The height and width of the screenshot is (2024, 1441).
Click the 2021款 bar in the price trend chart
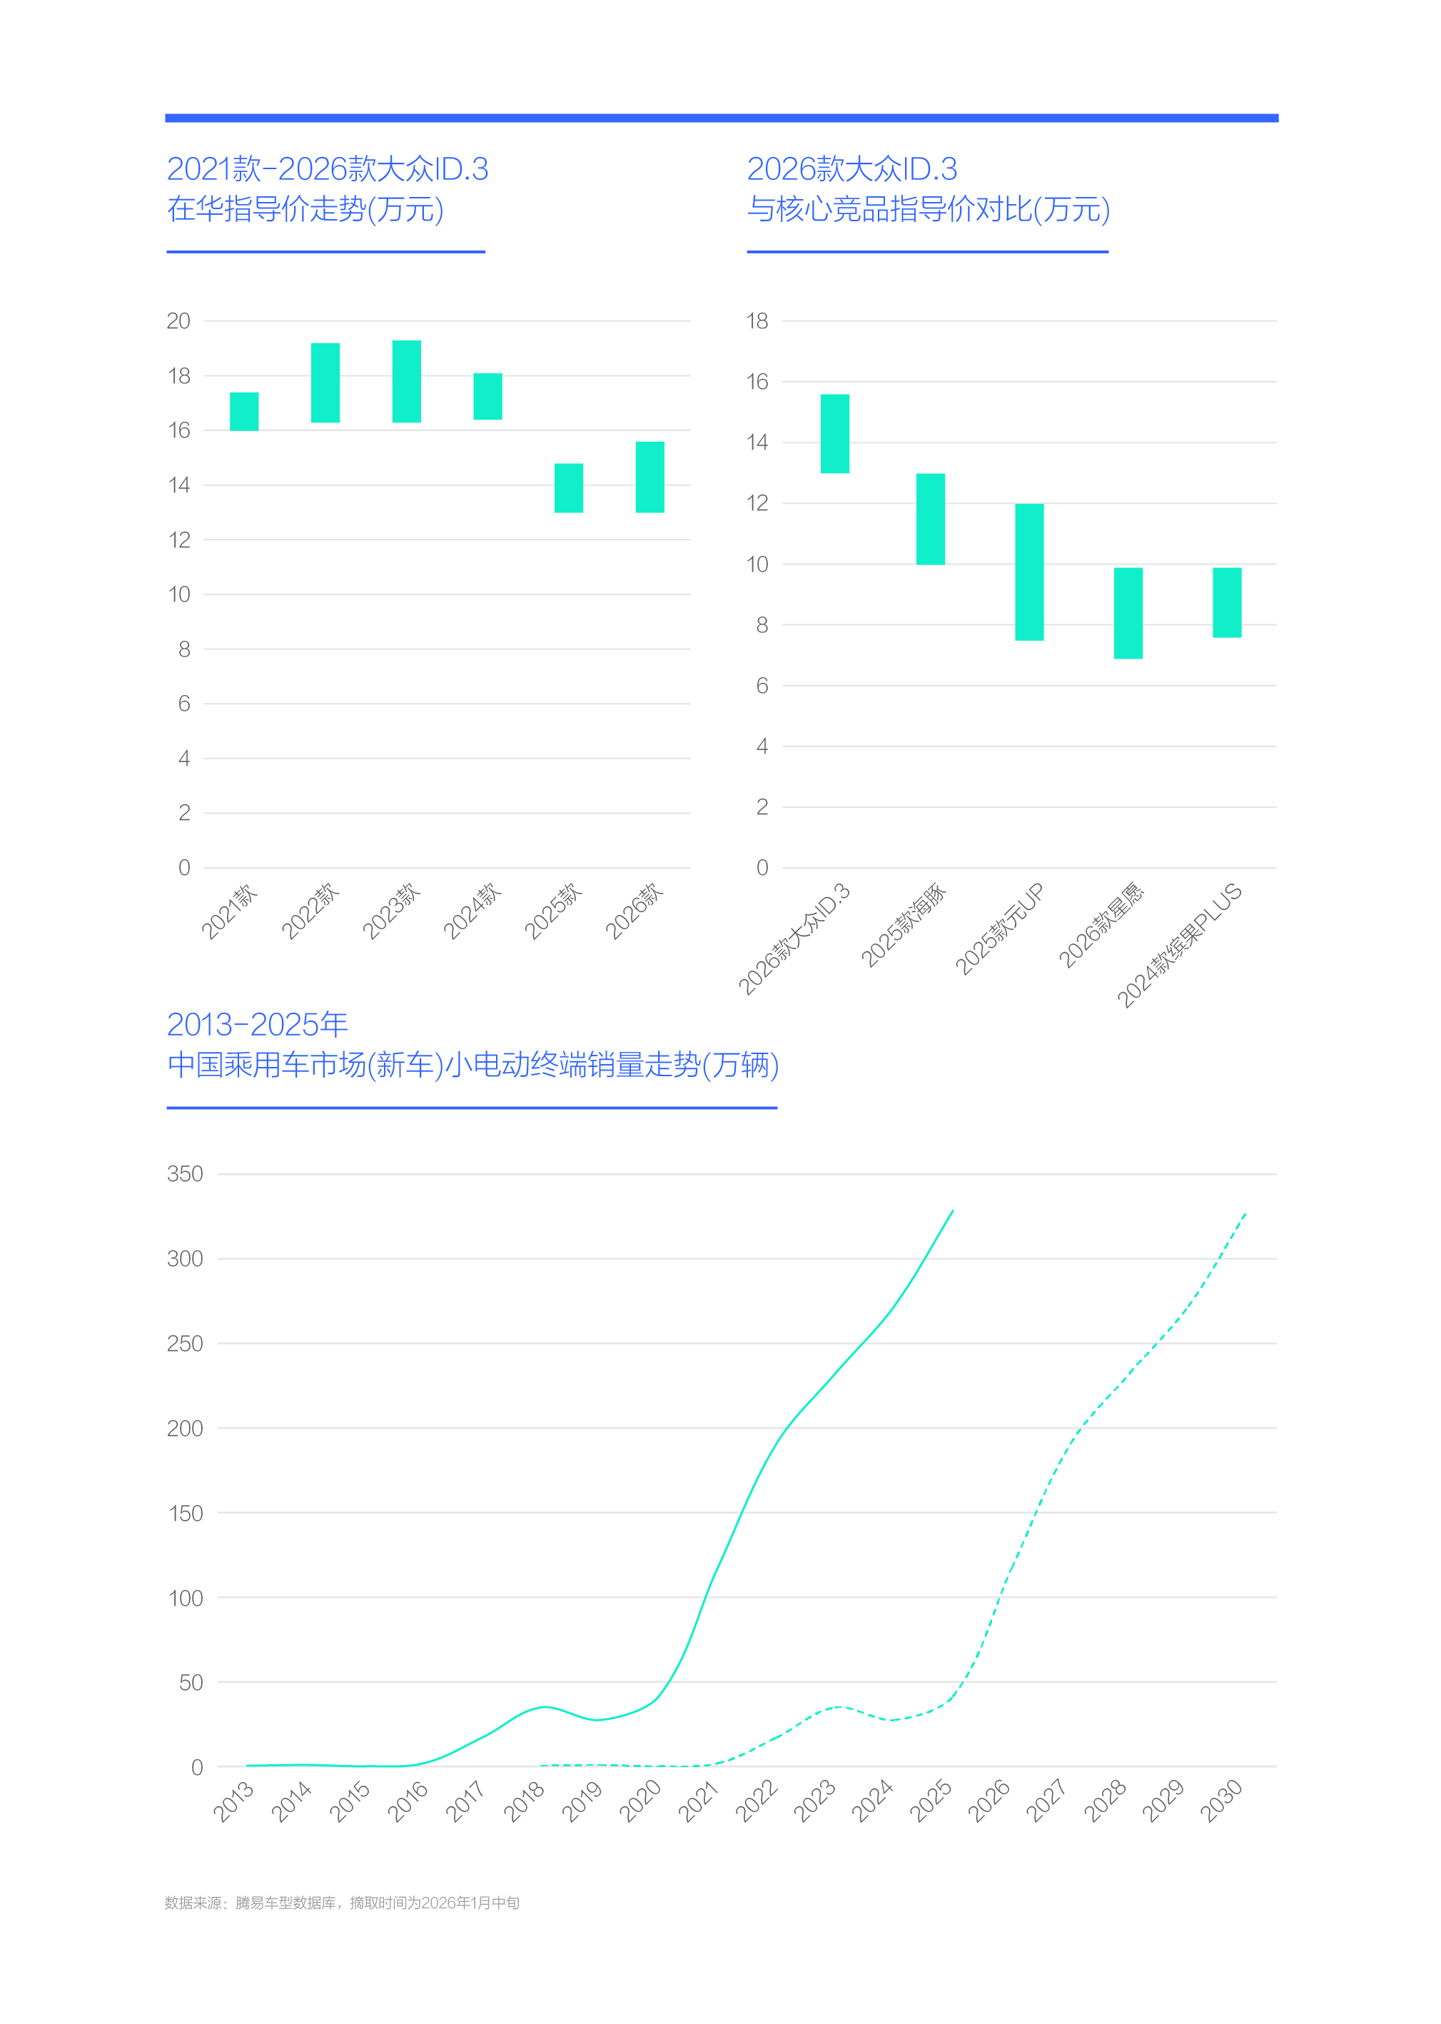pos(244,411)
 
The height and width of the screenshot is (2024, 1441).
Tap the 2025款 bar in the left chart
pos(569,487)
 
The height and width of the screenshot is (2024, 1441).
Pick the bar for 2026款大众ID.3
pos(834,433)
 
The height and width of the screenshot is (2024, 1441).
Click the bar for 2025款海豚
pos(930,518)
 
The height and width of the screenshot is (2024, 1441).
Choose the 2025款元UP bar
pos(1029,572)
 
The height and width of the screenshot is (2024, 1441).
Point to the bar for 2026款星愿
pos(1128,612)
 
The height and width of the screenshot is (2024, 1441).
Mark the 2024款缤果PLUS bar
pos(1226,602)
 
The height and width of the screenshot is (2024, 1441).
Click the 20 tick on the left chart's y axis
pos(178,321)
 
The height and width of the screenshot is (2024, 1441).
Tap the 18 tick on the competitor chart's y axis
pos(757,321)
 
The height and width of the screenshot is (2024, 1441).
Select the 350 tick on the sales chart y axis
pos(185,1174)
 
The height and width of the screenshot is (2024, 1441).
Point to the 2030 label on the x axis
pos(1222,1801)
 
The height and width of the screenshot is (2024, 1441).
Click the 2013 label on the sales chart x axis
pos(234,1801)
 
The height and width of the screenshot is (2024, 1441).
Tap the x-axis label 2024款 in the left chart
pos(472,911)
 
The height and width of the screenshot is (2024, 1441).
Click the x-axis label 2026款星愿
pos(1101,925)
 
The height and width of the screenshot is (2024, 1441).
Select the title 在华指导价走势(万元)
pos(305,209)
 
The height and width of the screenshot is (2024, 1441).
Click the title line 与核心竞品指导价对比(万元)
pos(928,209)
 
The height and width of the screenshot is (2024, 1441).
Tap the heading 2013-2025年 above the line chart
pos(258,1025)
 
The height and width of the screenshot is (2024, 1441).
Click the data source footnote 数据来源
pos(342,1903)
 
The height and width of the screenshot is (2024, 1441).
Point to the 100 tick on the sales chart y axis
pos(186,1598)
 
